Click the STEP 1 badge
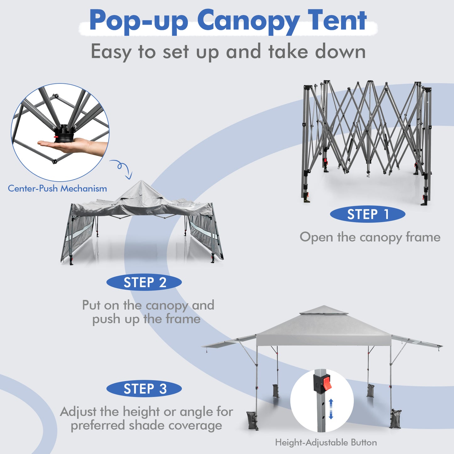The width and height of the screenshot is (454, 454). tap(367, 214)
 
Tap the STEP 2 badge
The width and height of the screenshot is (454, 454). tap(144, 282)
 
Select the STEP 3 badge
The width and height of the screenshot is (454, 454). tap(144, 389)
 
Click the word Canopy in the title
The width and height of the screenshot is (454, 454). tap(248, 21)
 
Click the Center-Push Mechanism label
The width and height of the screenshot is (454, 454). tap(57, 189)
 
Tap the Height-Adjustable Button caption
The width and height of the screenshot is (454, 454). tap(326, 442)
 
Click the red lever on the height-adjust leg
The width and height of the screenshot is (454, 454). tap(327, 383)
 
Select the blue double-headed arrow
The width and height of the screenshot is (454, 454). tap(331, 409)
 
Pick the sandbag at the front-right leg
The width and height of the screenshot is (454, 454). tap(396, 418)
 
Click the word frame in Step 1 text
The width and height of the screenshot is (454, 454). tap(423, 237)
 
